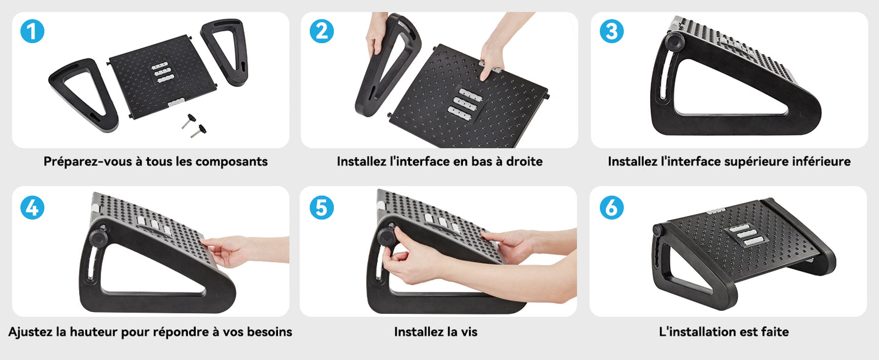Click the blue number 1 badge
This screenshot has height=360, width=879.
click(32, 31)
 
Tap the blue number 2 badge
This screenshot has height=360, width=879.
click(322, 31)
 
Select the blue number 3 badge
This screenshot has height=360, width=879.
click(612, 31)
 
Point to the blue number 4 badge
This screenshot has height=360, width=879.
click(32, 207)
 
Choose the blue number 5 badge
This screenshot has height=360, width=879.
click(322, 207)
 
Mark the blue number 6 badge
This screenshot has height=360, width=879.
click(612, 207)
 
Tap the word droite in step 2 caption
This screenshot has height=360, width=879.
click(524, 162)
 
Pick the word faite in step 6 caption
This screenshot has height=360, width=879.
click(775, 332)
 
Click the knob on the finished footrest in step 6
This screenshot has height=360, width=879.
click(658, 230)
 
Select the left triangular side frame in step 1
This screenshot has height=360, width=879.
click(83, 94)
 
